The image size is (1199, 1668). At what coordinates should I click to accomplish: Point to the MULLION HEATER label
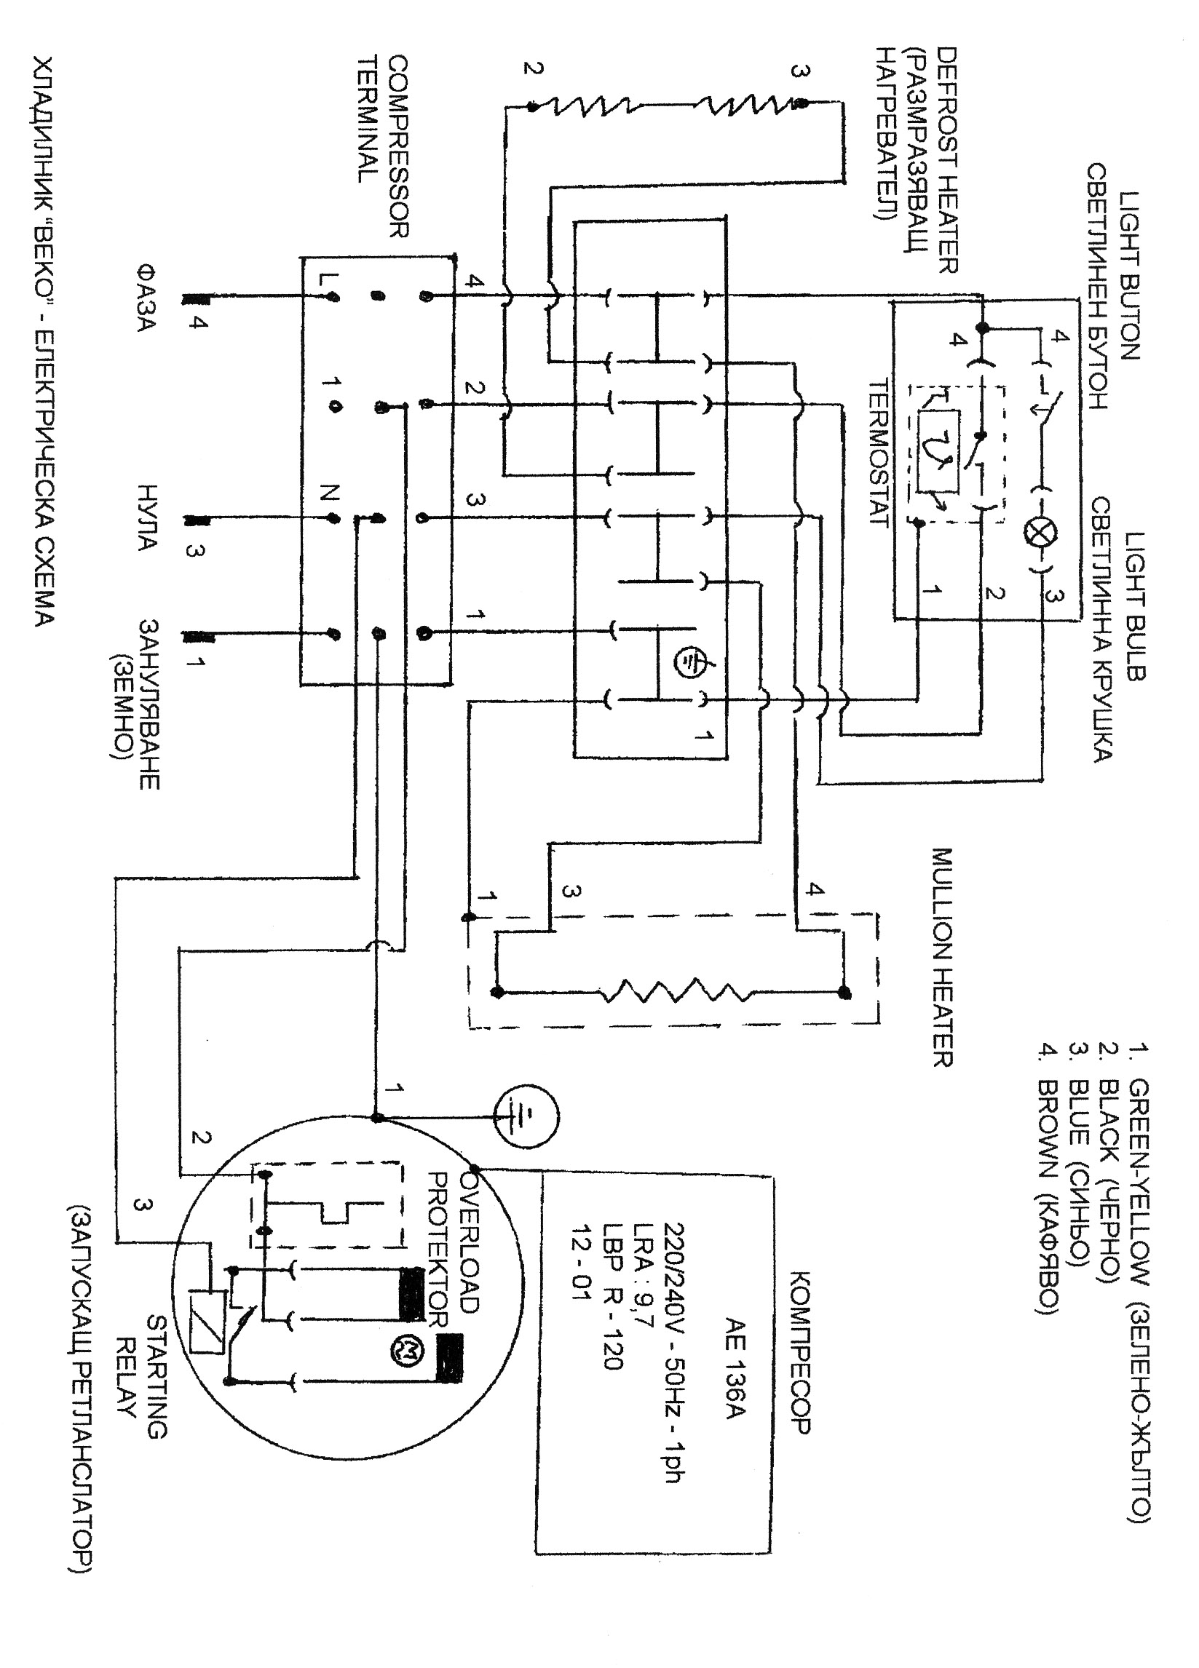click(942, 957)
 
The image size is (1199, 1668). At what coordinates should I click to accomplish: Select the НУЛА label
click(146, 517)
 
